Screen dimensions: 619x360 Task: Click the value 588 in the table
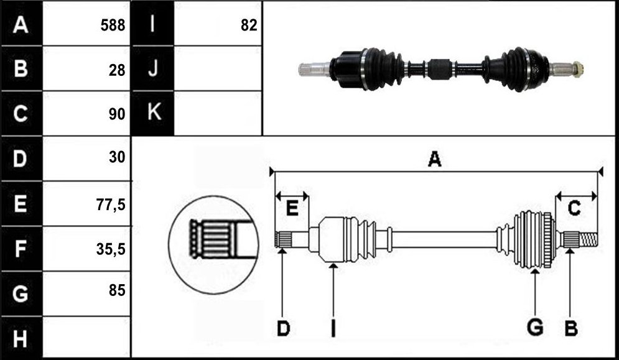[x=113, y=25]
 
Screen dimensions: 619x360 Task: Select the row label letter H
[x=20, y=339]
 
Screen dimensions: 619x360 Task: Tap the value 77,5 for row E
[x=111, y=205]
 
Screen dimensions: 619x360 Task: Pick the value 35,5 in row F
[x=111, y=249]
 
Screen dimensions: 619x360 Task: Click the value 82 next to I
[x=249, y=25]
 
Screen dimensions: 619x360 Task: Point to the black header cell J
[x=152, y=68]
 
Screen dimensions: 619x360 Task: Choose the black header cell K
[x=152, y=113]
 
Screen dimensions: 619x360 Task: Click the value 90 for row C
[x=116, y=114]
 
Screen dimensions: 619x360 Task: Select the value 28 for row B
[x=116, y=70]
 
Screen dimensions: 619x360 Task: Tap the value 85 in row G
[x=117, y=290]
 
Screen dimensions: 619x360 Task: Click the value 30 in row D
[x=117, y=157]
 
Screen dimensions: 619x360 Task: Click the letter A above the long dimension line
[x=434, y=159]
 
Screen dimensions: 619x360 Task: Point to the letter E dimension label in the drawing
[x=292, y=208]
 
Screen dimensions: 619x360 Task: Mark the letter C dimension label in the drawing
[x=574, y=208]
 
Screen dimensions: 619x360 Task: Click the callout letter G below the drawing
[x=535, y=328]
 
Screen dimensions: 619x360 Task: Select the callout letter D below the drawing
[x=284, y=328]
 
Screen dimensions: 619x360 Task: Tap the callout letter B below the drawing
[x=571, y=328]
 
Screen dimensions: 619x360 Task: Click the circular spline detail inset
[x=213, y=245]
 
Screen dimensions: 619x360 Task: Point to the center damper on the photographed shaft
[x=439, y=69]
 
